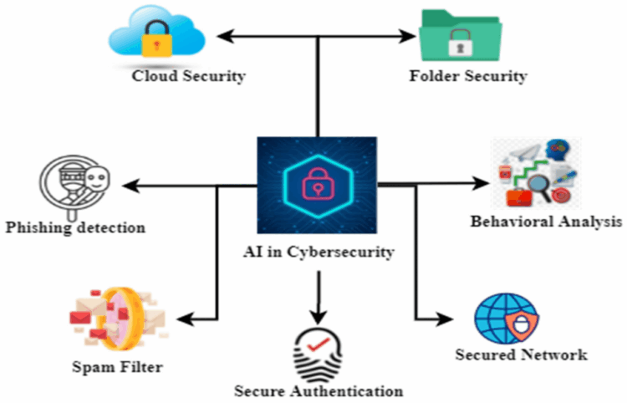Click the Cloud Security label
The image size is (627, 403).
coord(188,77)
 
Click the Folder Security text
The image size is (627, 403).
coord(468,77)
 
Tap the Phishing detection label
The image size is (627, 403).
coord(74,227)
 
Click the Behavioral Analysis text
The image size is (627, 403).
coord(546,222)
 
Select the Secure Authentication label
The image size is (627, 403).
coord(319,390)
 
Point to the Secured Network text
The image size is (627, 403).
coord(521,355)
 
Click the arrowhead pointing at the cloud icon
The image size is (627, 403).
coord(222,35)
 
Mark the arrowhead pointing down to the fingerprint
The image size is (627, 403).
coord(317,316)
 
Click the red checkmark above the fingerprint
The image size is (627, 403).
coord(318,341)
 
